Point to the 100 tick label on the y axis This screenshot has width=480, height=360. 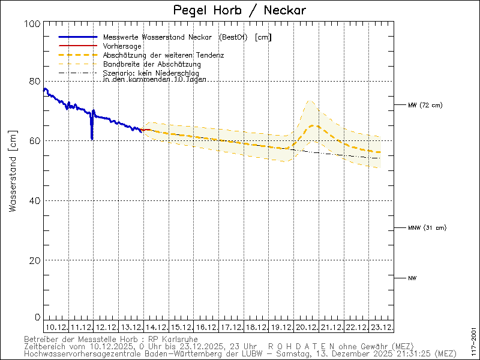click(x=33, y=23)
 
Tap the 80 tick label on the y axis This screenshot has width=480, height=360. click(x=35, y=81)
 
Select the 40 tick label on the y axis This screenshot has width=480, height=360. click(x=35, y=200)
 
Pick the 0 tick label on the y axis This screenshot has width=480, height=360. click(x=37, y=317)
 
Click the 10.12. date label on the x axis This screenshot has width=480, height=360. click(x=56, y=328)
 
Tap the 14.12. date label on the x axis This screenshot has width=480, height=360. click(x=156, y=328)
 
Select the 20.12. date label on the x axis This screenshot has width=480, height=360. click(x=306, y=328)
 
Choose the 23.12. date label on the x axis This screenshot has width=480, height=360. click(x=381, y=328)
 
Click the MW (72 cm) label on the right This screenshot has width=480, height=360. click(x=425, y=106)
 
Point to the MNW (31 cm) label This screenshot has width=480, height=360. click(x=427, y=228)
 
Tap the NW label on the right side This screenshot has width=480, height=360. click(x=412, y=278)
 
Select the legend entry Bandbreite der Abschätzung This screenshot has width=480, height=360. click(x=152, y=64)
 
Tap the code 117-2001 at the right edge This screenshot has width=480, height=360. click(x=474, y=340)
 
